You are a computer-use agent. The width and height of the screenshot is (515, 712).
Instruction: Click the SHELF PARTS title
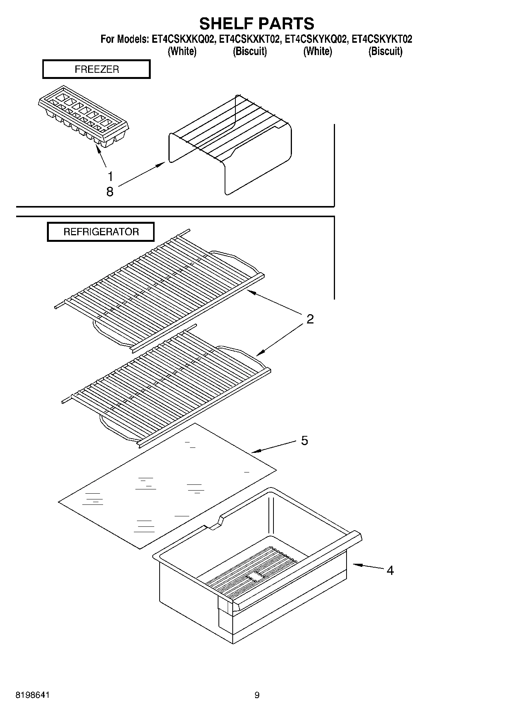[x=257, y=23]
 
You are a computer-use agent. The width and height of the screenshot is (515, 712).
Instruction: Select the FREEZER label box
[x=96, y=69]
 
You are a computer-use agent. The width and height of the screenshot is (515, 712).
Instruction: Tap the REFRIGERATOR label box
[x=101, y=232]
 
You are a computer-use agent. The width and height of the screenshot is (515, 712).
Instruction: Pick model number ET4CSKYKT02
[x=382, y=39]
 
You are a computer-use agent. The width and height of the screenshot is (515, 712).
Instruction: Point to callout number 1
[x=110, y=177]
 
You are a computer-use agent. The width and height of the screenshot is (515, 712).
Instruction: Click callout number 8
[x=110, y=191]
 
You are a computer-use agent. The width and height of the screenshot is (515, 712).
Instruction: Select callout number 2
[x=310, y=319]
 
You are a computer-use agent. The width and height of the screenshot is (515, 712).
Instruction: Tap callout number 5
[x=304, y=440]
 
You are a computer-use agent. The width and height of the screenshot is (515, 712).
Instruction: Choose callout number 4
[x=390, y=570]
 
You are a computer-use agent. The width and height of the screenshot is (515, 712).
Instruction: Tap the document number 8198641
[x=33, y=695]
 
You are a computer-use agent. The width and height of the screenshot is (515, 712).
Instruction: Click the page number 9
[x=257, y=695]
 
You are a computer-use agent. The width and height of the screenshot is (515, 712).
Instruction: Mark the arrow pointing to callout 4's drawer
[x=367, y=566]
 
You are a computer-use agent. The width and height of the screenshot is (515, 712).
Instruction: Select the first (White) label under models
[x=182, y=51]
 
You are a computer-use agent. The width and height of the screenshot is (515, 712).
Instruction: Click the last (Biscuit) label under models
[x=385, y=51]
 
